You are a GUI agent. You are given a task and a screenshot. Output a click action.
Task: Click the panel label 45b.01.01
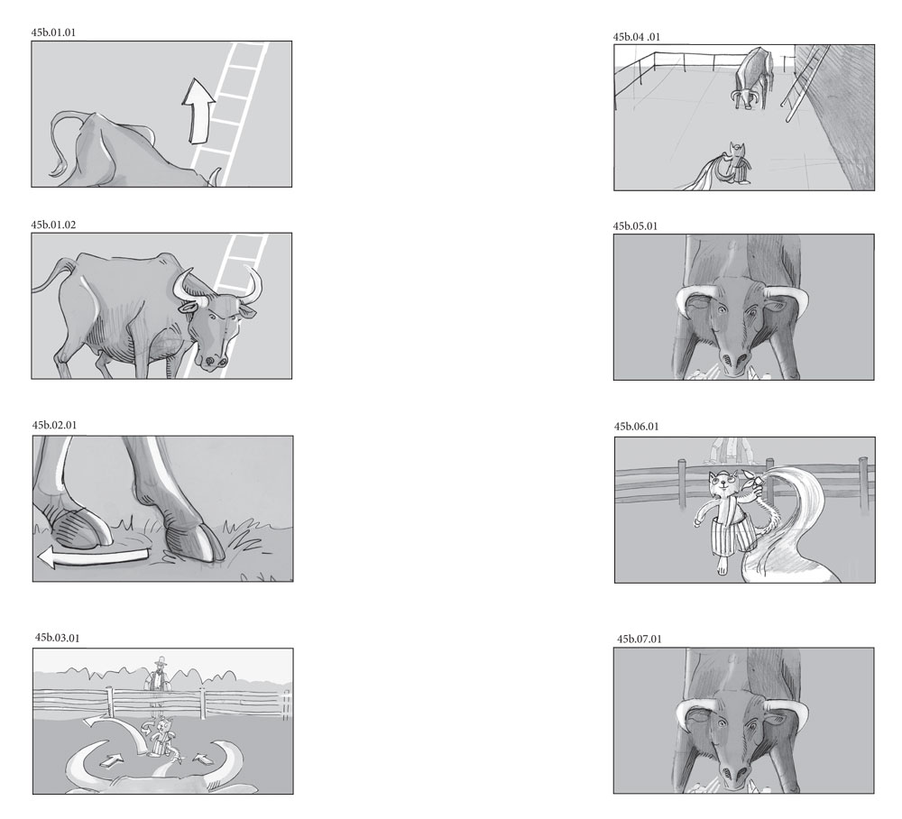point(53,32)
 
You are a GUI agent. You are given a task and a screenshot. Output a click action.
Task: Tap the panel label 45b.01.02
point(53,225)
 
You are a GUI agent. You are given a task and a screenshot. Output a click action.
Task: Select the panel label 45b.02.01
point(54,425)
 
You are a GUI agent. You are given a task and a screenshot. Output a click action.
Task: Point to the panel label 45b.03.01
point(57,638)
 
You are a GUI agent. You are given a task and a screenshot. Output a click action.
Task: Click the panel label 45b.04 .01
point(636,37)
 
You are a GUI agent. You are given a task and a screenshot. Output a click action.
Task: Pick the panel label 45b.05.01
point(634,226)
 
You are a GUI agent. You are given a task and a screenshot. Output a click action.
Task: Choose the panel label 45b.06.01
point(636,426)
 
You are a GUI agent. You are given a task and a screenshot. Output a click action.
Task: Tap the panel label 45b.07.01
point(640,639)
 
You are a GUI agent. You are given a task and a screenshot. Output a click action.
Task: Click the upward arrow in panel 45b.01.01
point(198,111)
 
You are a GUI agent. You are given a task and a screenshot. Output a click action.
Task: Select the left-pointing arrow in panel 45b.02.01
point(92,557)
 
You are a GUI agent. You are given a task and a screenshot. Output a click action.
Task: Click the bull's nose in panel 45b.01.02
point(212,361)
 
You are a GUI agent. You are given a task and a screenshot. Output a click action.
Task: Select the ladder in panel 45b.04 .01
point(805,83)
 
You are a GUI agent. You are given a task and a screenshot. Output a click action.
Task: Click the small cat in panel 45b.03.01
point(161,735)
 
